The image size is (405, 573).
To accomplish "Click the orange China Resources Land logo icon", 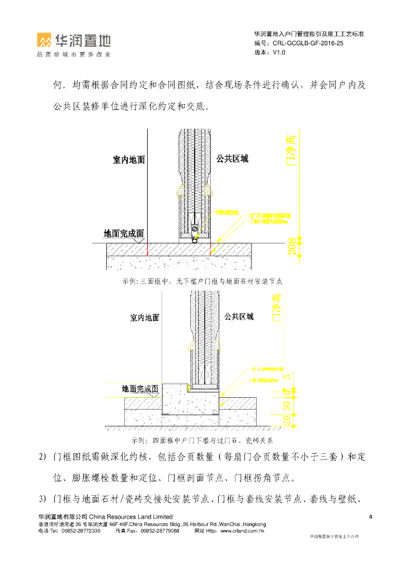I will coord(45,40).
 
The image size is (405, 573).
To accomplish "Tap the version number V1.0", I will coord(279,52).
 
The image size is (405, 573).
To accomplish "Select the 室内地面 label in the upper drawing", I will coord(129,160).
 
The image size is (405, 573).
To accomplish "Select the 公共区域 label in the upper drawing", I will coord(232,159).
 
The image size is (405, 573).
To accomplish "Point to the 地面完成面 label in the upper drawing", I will coord(124,233).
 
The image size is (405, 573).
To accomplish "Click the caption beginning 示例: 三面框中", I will coord(202,281).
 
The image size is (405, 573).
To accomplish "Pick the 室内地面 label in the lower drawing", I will coord(144,318).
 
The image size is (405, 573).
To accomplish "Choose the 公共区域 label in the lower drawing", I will coord(239,317).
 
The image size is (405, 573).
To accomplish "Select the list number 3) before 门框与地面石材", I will coord(42,497).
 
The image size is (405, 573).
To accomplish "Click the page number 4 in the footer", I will coord(371,516).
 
